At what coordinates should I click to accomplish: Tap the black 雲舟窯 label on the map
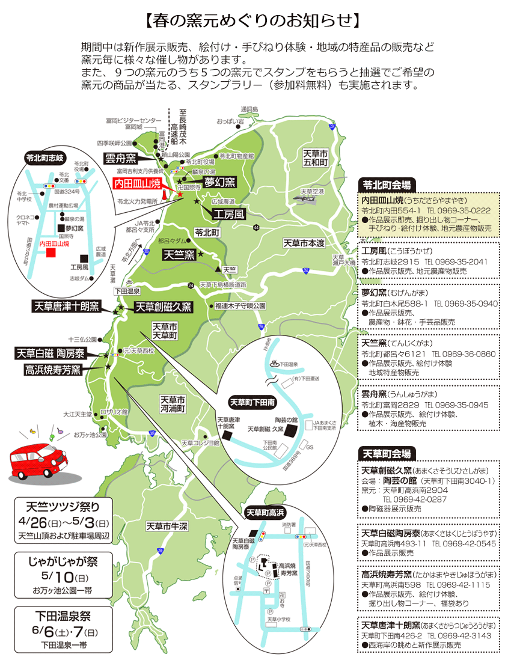120,159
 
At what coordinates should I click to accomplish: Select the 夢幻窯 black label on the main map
220,182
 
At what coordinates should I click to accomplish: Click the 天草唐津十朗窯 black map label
67,306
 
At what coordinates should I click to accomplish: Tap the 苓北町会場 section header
387,185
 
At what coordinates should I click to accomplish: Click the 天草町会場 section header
387,453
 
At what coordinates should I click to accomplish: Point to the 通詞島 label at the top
248,109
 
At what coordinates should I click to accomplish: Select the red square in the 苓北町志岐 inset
51,253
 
